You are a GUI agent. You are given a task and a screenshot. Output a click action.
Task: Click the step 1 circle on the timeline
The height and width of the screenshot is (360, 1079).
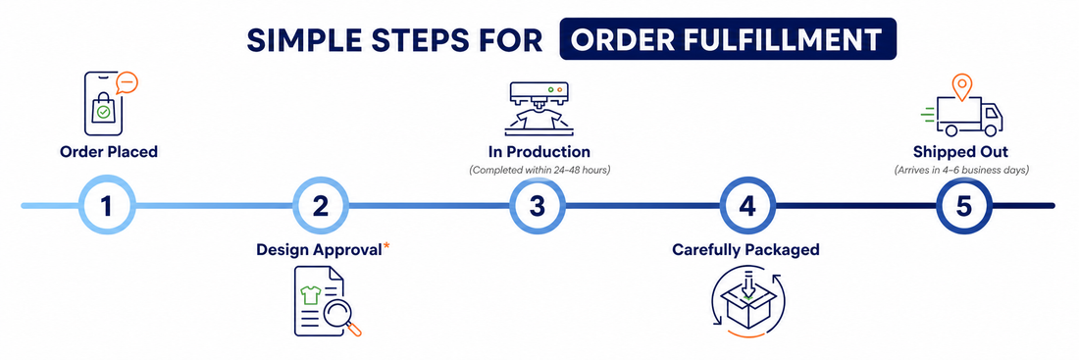(x=106, y=205)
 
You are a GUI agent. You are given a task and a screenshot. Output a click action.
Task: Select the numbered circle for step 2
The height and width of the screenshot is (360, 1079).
(x=321, y=205)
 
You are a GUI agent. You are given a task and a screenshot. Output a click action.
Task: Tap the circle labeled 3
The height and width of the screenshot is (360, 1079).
(x=537, y=205)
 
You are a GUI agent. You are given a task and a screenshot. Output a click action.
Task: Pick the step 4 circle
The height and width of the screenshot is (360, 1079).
(x=748, y=205)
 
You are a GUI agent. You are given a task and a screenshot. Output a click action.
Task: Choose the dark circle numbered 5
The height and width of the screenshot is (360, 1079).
(x=964, y=205)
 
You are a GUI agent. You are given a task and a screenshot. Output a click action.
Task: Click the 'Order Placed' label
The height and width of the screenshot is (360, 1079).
(x=109, y=151)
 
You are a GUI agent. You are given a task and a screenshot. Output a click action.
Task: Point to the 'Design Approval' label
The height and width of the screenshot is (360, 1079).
(x=319, y=250)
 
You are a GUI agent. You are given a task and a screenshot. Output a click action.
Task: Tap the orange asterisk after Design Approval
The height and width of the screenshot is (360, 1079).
(x=386, y=246)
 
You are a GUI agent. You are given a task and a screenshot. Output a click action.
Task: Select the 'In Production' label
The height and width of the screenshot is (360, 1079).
(x=535, y=151)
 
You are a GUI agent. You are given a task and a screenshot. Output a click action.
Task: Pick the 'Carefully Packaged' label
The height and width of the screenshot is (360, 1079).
(x=745, y=250)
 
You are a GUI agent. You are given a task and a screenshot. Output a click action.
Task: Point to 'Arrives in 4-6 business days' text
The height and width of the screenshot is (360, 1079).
(x=961, y=170)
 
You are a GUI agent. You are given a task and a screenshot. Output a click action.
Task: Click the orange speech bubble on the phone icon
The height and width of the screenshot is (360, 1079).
(x=127, y=82)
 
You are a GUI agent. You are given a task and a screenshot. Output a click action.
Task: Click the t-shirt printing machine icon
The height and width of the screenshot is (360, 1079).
(x=538, y=107)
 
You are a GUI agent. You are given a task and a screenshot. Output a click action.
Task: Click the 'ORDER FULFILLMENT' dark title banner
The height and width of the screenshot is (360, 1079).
(x=728, y=39)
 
